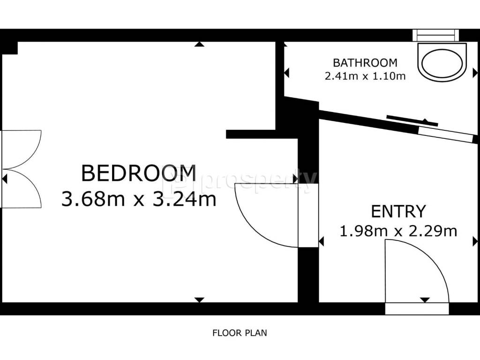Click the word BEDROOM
(x=139, y=173)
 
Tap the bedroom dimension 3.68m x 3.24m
(x=139, y=199)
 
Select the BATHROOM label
(x=365, y=63)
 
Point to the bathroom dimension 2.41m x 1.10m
(x=365, y=76)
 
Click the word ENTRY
(x=398, y=211)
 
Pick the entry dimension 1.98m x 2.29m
(x=398, y=231)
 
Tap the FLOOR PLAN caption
(x=240, y=333)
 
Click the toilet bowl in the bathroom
(x=442, y=64)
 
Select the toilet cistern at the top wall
(x=436, y=35)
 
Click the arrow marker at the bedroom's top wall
(x=200, y=45)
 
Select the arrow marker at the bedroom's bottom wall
(x=200, y=300)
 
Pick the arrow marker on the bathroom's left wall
(x=286, y=73)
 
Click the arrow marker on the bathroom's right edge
(x=475, y=73)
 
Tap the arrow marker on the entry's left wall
(x=321, y=241)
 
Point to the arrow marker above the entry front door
(x=425, y=300)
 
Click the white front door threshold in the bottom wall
(x=417, y=308)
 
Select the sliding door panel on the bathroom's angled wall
(x=412, y=120)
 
